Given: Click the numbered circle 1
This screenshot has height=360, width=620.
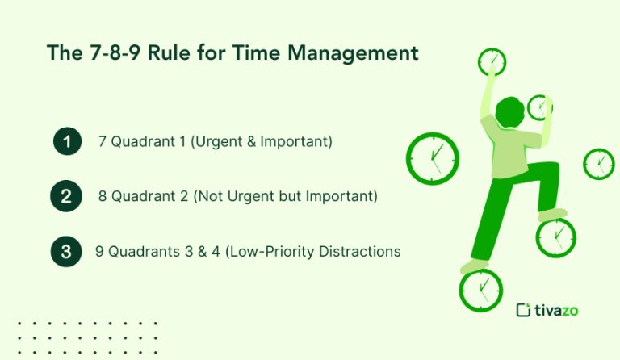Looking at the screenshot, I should pos(68,143).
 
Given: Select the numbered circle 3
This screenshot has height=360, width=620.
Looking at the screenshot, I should pos(66,252).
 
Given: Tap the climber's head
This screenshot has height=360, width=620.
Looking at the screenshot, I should pos(511,112).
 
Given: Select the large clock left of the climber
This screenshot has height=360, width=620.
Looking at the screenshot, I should pos(432,157).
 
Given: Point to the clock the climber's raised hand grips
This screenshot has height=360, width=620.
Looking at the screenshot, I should pos(491,62).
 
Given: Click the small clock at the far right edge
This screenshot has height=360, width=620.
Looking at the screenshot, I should pos(598,164).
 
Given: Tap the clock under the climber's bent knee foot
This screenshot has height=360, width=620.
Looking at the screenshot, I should pos(556,237).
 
